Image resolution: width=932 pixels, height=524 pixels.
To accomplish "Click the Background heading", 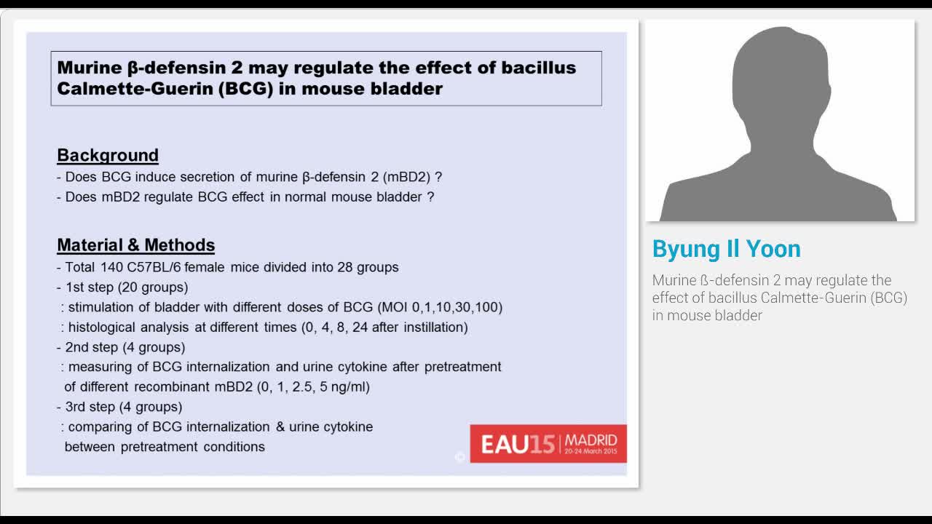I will [x=108, y=155].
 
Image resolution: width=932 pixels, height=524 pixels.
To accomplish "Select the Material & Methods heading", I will [x=135, y=245].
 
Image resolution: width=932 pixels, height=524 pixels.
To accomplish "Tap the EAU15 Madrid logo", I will [x=548, y=443].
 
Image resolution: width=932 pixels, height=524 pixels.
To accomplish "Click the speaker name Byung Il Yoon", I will [x=726, y=249].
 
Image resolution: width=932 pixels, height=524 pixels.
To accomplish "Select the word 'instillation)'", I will [x=430, y=327].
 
